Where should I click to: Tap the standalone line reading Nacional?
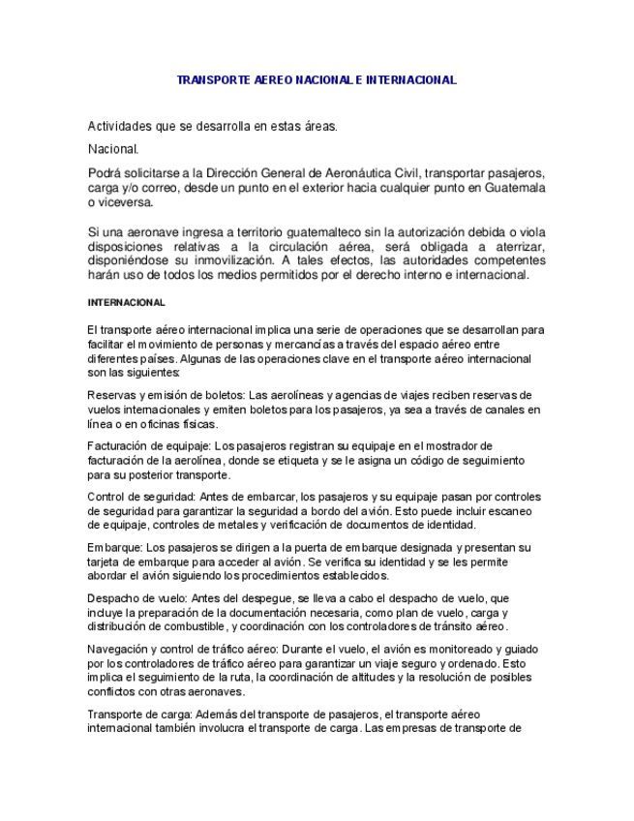point(113,149)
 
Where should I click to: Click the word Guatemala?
point(516,188)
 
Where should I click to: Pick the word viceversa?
point(126,203)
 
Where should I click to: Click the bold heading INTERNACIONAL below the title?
point(126,303)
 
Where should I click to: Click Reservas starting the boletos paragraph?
point(111,395)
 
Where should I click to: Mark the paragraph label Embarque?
point(114,548)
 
